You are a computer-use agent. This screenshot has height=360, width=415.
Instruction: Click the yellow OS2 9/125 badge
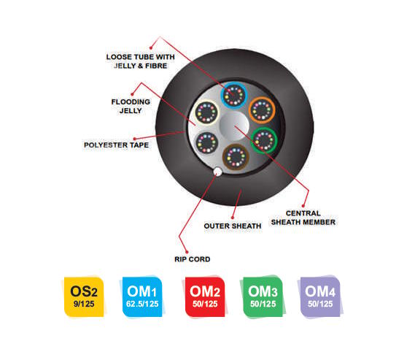[x=84, y=296]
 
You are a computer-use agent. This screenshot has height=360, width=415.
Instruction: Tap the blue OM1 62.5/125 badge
[x=142, y=296]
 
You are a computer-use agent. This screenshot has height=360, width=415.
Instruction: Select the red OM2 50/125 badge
[x=205, y=296]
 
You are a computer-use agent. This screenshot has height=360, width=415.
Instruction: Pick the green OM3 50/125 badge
[x=263, y=296]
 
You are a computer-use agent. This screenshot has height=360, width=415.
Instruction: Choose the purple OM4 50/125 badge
[x=320, y=296]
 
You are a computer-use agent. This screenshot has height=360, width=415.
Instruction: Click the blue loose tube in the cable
[x=234, y=95]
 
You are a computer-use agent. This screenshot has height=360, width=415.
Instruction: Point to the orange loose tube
[x=262, y=110]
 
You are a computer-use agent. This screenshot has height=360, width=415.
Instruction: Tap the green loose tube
[x=264, y=140]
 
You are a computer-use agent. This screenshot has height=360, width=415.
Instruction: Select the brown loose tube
[x=236, y=157]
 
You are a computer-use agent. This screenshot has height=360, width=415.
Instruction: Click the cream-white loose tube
[x=206, y=112]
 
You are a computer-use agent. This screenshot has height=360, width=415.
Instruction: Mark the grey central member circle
[x=235, y=126]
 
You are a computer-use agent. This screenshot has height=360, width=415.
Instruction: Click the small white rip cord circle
[x=218, y=172]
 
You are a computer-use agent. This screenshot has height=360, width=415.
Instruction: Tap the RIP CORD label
[x=193, y=259]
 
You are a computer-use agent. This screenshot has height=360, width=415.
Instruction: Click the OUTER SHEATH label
[x=233, y=226]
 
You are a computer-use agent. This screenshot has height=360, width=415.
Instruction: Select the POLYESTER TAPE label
[x=116, y=145]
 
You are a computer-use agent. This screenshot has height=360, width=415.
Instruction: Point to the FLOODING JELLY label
[x=131, y=106]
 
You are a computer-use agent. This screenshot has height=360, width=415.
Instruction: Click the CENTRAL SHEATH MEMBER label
[x=303, y=218]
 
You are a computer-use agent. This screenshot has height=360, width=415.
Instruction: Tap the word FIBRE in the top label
[x=156, y=66]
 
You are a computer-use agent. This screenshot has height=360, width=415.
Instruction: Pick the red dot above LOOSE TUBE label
[x=151, y=48]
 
